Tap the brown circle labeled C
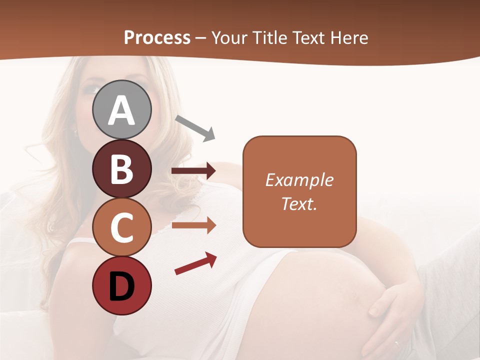click(x=122, y=227)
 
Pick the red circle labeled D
click(x=122, y=285)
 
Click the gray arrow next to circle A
click(x=195, y=127)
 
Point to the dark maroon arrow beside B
click(x=193, y=171)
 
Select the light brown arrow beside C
click(x=193, y=226)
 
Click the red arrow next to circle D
click(x=195, y=263)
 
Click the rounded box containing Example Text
click(x=299, y=191)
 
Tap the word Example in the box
click(x=299, y=180)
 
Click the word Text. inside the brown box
click(x=299, y=203)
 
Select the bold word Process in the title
click(x=157, y=37)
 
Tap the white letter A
click(x=122, y=110)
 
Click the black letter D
click(x=122, y=286)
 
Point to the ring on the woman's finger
click(x=396, y=344)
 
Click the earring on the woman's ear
click(x=75, y=132)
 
